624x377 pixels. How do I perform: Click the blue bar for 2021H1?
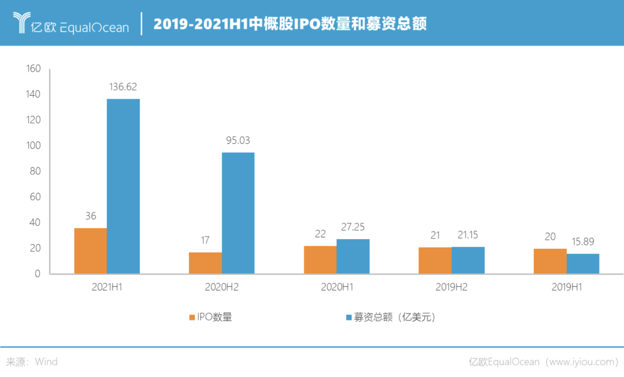tap(124, 185)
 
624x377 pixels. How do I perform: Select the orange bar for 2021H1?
tap(90, 250)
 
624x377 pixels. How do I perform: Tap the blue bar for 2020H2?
tap(238, 212)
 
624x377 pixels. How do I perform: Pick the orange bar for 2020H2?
tap(205, 262)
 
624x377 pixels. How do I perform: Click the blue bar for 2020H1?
tap(353, 256)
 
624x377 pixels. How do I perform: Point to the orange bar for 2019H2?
tap(434, 260)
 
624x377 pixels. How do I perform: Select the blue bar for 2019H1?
tap(583, 263)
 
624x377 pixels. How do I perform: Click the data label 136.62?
tap(123, 87)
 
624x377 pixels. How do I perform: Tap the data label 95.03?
tap(238, 140)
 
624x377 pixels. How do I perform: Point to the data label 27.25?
tap(352, 227)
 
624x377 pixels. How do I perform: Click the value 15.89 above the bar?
tap(582, 241)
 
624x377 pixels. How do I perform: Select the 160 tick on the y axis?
tap(34, 69)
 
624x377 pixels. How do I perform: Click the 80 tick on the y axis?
tap(36, 171)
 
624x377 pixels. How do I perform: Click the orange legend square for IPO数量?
tap(192, 318)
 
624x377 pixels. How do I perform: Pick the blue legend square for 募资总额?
tap(348, 318)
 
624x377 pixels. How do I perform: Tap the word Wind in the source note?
tap(46, 362)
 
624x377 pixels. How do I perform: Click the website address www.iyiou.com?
tap(581, 362)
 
